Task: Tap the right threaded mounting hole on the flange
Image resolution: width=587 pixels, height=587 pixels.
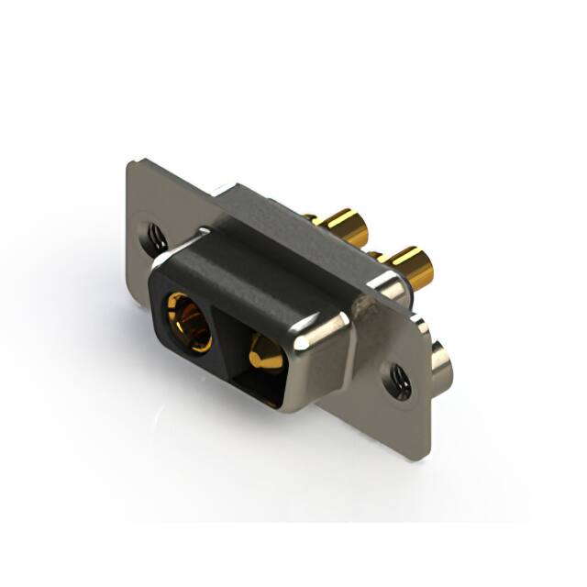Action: coord(400,375)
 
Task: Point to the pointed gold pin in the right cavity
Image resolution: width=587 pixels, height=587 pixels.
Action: coord(262,352)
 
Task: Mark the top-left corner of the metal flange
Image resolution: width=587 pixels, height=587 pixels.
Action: coord(130,164)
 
